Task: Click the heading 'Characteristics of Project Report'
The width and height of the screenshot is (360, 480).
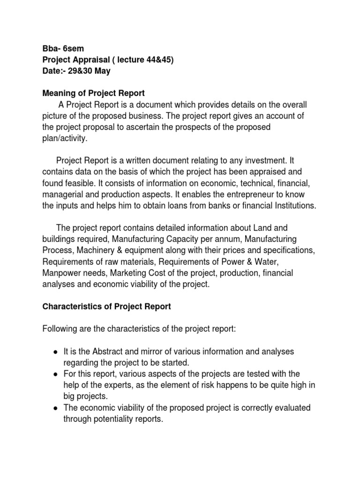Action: pyautogui.click(x=107, y=307)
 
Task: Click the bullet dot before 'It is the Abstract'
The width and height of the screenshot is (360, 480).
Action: pyautogui.click(x=56, y=352)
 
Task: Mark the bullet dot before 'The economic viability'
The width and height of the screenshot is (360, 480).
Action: pyautogui.click(x=56, y=408)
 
